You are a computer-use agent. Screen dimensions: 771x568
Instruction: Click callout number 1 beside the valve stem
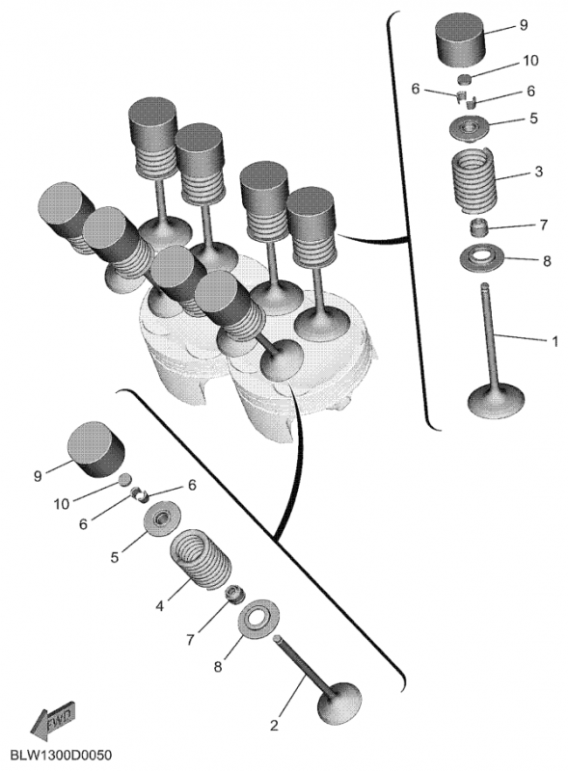coord(554,340)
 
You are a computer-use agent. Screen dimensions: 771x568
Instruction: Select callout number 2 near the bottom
coord(274,725)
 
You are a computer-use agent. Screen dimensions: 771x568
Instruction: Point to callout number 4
coord(159,608)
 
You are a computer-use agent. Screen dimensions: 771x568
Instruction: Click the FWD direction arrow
coord(53,719)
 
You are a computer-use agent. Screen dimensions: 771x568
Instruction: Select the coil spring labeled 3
coord(473,177)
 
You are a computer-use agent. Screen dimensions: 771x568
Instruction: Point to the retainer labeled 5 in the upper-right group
coord(471,125)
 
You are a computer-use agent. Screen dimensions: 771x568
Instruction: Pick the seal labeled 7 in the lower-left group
coord(232,592)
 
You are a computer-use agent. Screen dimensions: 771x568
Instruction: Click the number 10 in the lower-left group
coord(62,503)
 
